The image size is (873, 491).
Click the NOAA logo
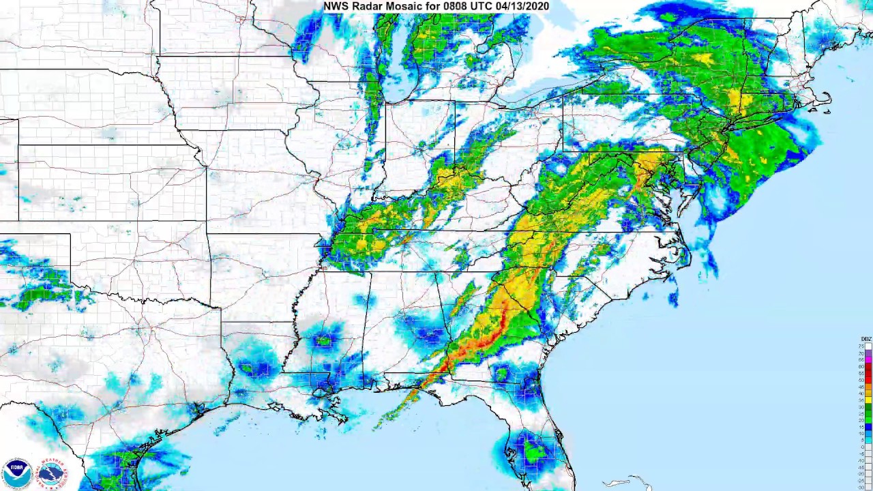17,473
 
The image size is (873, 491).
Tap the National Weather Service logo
52,473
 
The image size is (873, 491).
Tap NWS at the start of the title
335,6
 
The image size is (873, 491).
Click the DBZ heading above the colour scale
865,339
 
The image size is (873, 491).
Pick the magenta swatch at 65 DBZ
868,360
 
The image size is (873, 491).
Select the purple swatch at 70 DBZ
868,353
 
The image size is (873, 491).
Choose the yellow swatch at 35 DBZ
868,400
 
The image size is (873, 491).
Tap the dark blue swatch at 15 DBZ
868,421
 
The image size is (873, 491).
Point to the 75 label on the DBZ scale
861,346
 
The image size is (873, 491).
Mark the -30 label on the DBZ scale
861,481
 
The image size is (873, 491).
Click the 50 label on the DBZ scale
861,380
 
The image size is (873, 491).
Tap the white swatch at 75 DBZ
868,346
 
